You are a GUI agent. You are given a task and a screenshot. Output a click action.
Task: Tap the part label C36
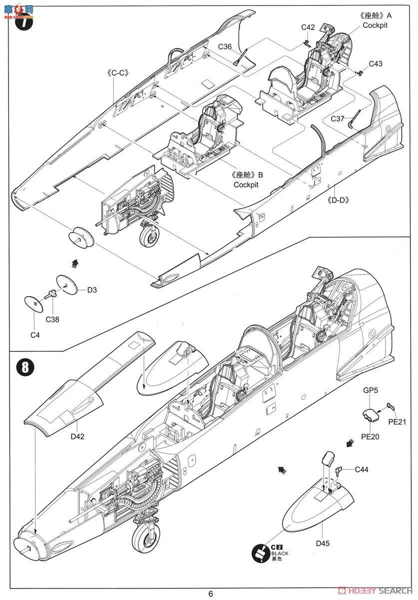click(x=225, y=47)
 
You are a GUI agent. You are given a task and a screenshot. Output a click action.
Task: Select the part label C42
click(x=308, y=27)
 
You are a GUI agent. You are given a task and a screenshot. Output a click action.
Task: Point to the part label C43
click(x=376, y=63)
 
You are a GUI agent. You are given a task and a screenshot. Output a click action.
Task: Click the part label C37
click(x=338, y=118)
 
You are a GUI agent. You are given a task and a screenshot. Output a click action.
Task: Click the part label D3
click(x=92, y=289)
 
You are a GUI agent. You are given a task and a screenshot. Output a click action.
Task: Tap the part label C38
click(x=52, y=319)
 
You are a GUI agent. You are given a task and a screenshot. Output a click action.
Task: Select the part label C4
click(x=34, y=335)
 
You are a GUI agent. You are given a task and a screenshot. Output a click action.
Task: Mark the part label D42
click(x=77, y=436)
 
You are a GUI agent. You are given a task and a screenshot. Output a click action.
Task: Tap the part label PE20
click(x=370, y=436)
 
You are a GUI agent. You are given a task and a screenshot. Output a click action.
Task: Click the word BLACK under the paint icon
click(x=280, y=554)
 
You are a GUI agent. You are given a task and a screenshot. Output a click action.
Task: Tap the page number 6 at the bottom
click(x=211, y=593)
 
